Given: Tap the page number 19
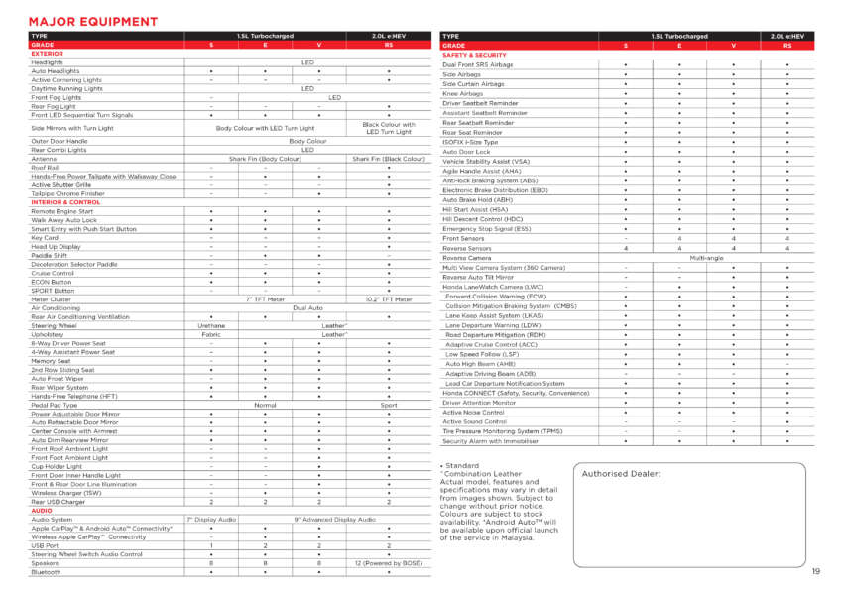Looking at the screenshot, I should (x=815, y=571).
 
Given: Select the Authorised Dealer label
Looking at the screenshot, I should (x=621, y=474).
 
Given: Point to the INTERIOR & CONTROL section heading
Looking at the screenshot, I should (x=65, y=202).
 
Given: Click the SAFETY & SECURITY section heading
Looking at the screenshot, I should (x=481, y=55).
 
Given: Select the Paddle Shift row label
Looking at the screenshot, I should (x=52, y=255).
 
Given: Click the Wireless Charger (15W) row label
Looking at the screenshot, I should (x=65, y=493).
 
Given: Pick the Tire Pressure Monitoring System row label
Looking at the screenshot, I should (x=505, y=431).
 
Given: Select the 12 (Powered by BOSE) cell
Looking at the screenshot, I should (x=388, y=563).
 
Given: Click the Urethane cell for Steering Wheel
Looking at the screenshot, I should (x=211, y=325).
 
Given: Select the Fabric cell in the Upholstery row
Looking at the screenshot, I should (x=211, y=334).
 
